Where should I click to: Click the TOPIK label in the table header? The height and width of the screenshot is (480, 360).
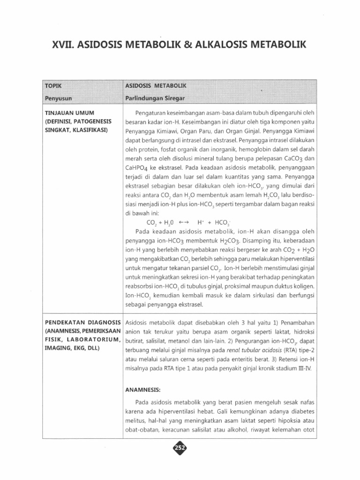click(x=53, y=87)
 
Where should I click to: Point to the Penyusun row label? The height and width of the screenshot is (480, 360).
click(x=57, y=99)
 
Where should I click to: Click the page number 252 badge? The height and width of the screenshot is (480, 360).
click(x=180, y=449)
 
